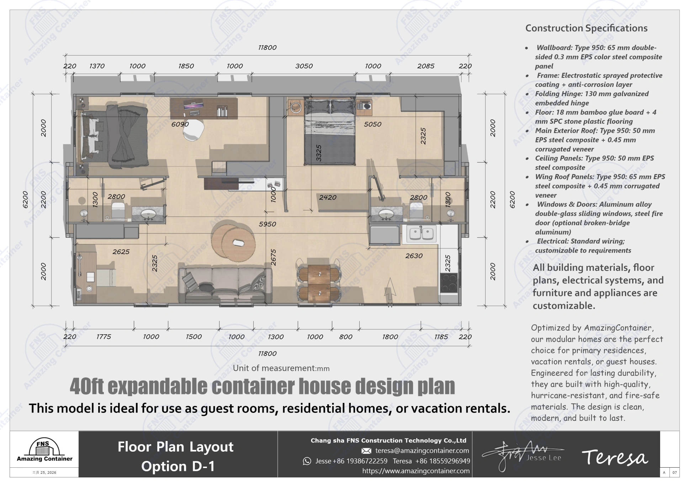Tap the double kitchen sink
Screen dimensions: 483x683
tap(421, 233)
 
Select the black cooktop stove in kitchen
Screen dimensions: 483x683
tap(449, 283)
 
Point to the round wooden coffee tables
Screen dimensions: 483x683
tap(233, 241)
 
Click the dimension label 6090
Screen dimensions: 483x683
tap(180, 124)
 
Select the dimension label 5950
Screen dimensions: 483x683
tap(267, 224)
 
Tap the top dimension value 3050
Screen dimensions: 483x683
tap(304, 66)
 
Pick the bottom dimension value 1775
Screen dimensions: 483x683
tap(104, 337)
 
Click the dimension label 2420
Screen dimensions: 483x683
tap(327, 198)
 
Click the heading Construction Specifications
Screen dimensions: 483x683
tap(586, 28)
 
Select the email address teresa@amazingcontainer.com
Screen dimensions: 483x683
tap(422, 451)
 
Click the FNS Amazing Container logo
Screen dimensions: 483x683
tap(44, 451)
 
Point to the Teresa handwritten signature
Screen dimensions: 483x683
tap(614, 457)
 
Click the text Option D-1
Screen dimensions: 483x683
tap(178, 466)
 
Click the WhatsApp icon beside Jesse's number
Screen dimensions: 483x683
tap(307, 461)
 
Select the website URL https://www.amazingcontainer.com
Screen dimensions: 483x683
tap(415, 471)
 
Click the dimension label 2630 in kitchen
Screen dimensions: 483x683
tap(414, 256)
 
